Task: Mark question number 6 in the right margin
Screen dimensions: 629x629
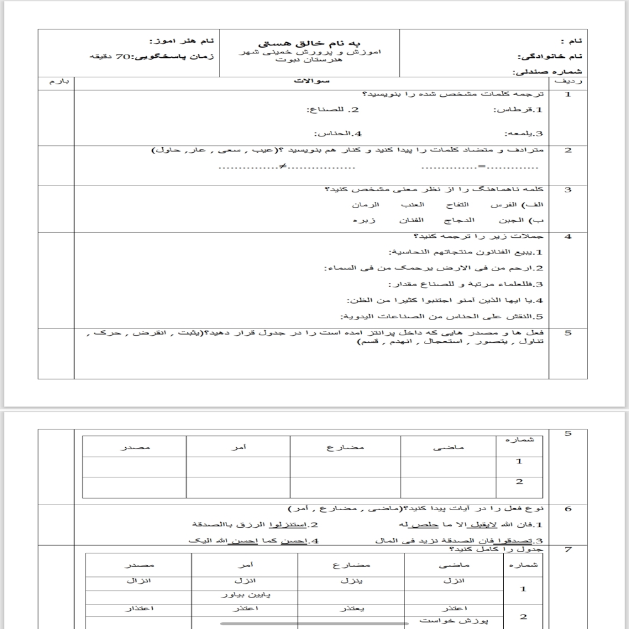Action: (x=568, y=508)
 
